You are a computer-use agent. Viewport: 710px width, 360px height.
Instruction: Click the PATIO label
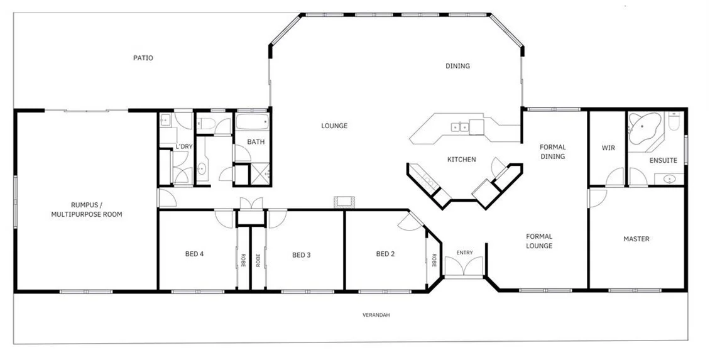[143, 58]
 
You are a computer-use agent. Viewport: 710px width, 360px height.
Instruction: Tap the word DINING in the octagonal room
[457, 66]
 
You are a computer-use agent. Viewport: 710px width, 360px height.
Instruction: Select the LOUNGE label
[334, 126]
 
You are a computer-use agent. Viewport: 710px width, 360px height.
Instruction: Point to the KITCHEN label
[461, 160]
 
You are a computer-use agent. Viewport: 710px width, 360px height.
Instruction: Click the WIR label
[608, 148]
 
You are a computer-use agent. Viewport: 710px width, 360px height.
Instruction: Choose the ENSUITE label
[663, 160]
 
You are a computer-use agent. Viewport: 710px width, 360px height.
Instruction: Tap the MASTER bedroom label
[636, 239]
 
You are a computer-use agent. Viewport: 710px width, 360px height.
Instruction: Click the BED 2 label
[385, 254]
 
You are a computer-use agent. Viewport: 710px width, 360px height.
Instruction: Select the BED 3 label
[302, 255]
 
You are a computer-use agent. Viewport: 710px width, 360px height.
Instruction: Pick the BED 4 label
[194, 254]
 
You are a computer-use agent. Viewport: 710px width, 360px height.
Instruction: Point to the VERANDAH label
[376, 315]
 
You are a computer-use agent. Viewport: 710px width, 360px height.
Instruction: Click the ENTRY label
[464, 253]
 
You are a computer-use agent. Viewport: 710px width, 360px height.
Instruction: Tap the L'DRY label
[184, 146]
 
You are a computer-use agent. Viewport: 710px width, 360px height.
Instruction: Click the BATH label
[256, 142]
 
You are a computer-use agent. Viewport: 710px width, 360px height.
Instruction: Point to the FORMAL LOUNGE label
[539, 241]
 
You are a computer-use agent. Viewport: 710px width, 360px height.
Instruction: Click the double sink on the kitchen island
[459, 127]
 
